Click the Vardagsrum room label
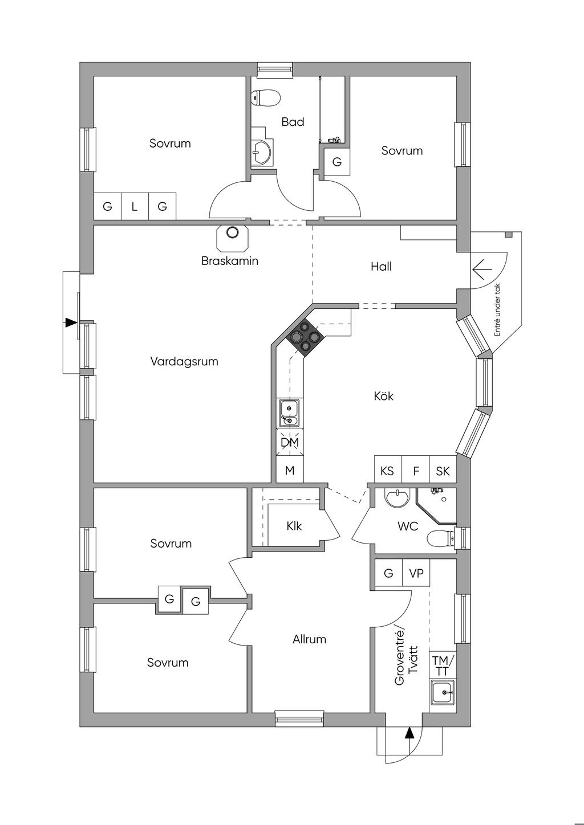coord(184,361)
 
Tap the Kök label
coord(383,396)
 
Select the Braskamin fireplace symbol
coord(232,236)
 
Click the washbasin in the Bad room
coord(262,152)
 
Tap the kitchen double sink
coord(289,413)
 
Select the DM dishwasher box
coord(290,442)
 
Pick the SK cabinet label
coord(443,471)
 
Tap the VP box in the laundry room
coord(416,573)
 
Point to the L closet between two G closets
coord(135,206)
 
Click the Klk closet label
coord(294,526)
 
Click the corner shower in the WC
coord(436,505)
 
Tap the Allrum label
coord(309,639)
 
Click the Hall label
coord(381,267)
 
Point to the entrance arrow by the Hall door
coord(482,269)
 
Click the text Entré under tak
coord(497,309)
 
